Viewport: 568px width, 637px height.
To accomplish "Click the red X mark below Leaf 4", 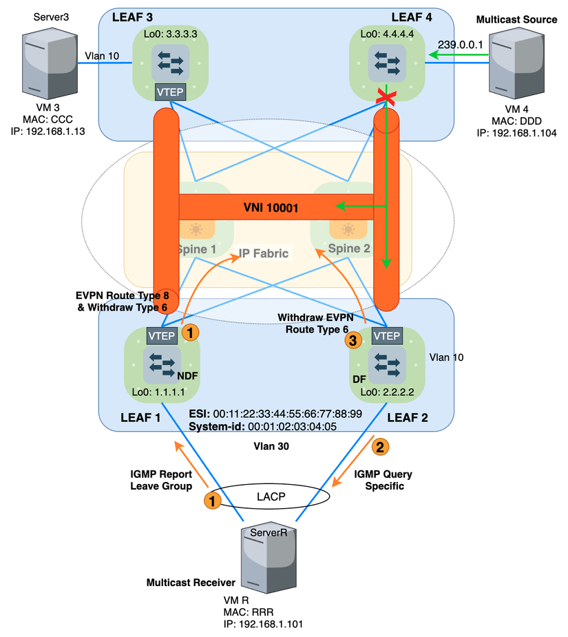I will tap(384, 101).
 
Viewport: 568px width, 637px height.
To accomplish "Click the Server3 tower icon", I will tap(44, 63).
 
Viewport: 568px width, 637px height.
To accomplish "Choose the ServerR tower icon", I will tap(265, 561).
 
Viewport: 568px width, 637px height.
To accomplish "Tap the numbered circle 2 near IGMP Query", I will tap(379, 447).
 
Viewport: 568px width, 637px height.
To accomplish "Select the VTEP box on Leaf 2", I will tap(386, 335).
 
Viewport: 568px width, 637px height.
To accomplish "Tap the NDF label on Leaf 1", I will tap(187, 376).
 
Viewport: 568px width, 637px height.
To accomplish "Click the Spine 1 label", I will tap(197, 249).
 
